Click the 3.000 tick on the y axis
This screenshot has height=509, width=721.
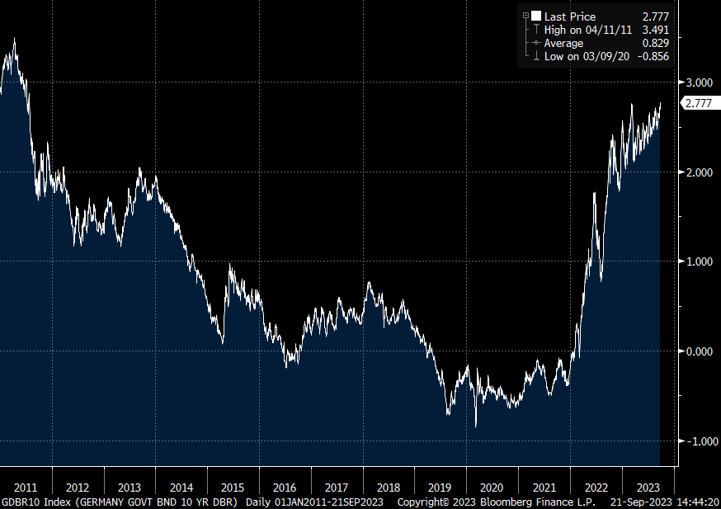[x=698, y=82]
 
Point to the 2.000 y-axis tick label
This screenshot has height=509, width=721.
[x=698, y=172]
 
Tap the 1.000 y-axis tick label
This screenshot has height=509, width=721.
[x=698, y=262]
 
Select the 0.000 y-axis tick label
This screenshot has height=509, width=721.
[x=698, y=351]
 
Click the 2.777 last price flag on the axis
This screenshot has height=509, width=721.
[x=699, y=103]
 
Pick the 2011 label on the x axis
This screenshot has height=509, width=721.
[x=26, y=486]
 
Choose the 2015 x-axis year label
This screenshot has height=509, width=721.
[x=233, y=486]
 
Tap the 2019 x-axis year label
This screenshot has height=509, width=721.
[x=441, y=486]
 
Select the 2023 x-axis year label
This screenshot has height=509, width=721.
[x=648, y=486]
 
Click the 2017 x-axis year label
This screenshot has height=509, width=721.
[x=337, y=486]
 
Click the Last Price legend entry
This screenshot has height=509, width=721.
[x=569, y=16]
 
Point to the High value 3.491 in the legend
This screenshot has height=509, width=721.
[x=654, y=30]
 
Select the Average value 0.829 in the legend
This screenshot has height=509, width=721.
[x=654, y=43]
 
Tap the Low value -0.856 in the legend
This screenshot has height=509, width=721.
[x=652, y=56]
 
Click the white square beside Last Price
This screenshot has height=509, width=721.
[x=536, y=16]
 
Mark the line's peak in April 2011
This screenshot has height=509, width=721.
[x=14, y=38]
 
